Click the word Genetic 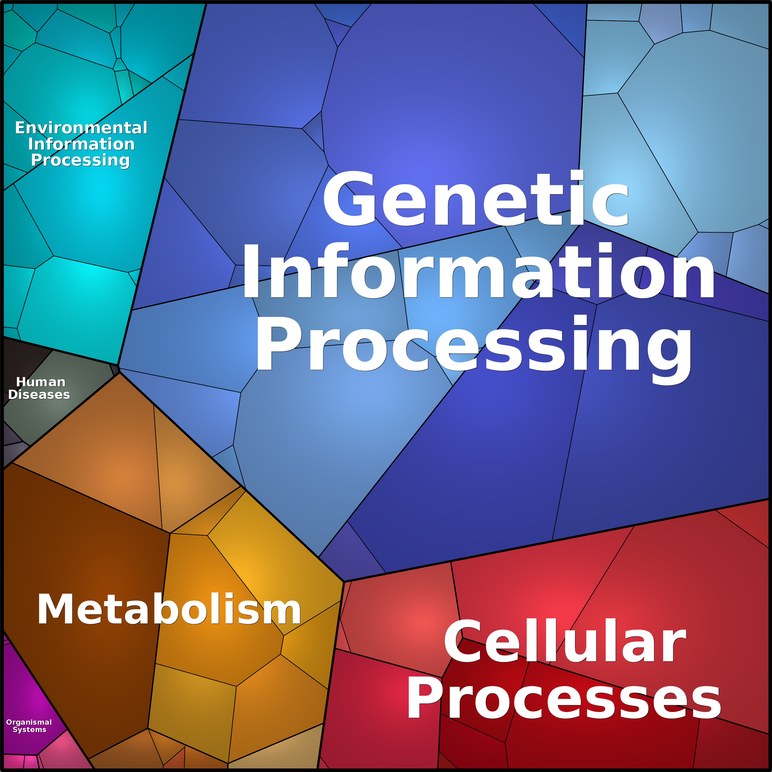(475, 199)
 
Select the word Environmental (81, 128)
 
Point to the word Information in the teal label (81, 144)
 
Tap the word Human (41, 382)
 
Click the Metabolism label (169, 609)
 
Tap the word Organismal (29, 722)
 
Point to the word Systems (30, 730)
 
